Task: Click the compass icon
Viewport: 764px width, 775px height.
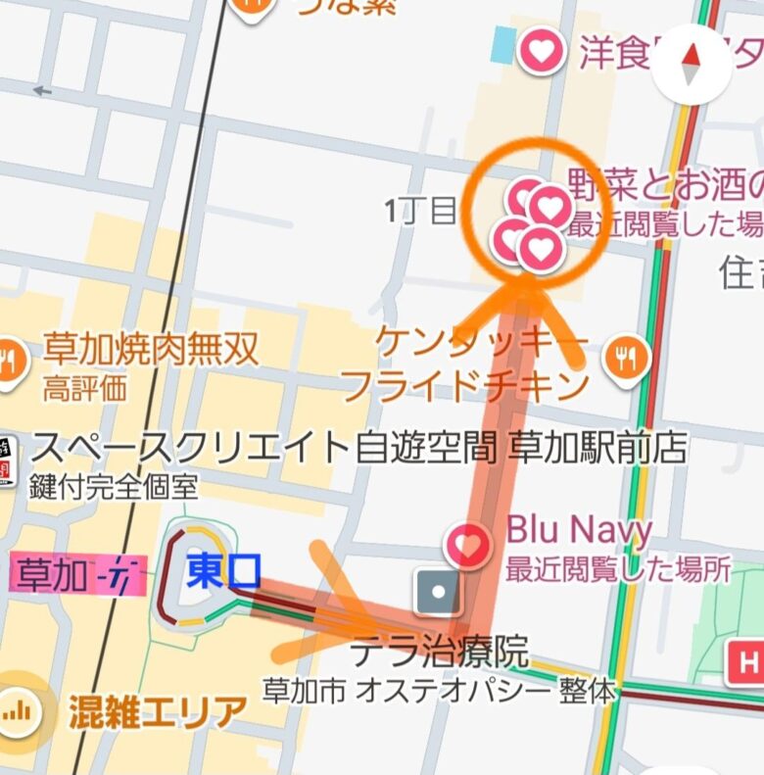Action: pos(692,63)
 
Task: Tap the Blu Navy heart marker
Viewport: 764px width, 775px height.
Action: pos(468,545)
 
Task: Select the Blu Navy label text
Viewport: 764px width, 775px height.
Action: pos(579,531)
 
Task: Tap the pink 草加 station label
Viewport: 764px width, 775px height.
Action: pos(76,576)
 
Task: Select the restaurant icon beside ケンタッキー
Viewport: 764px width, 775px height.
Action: pos(627,359)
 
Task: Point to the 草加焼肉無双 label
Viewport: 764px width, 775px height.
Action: pos(151,349)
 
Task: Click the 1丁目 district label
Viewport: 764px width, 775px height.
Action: pos(421,210)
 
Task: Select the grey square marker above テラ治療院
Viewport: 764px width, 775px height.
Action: pos(438,592)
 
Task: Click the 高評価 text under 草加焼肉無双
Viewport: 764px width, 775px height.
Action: pos(84,388)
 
